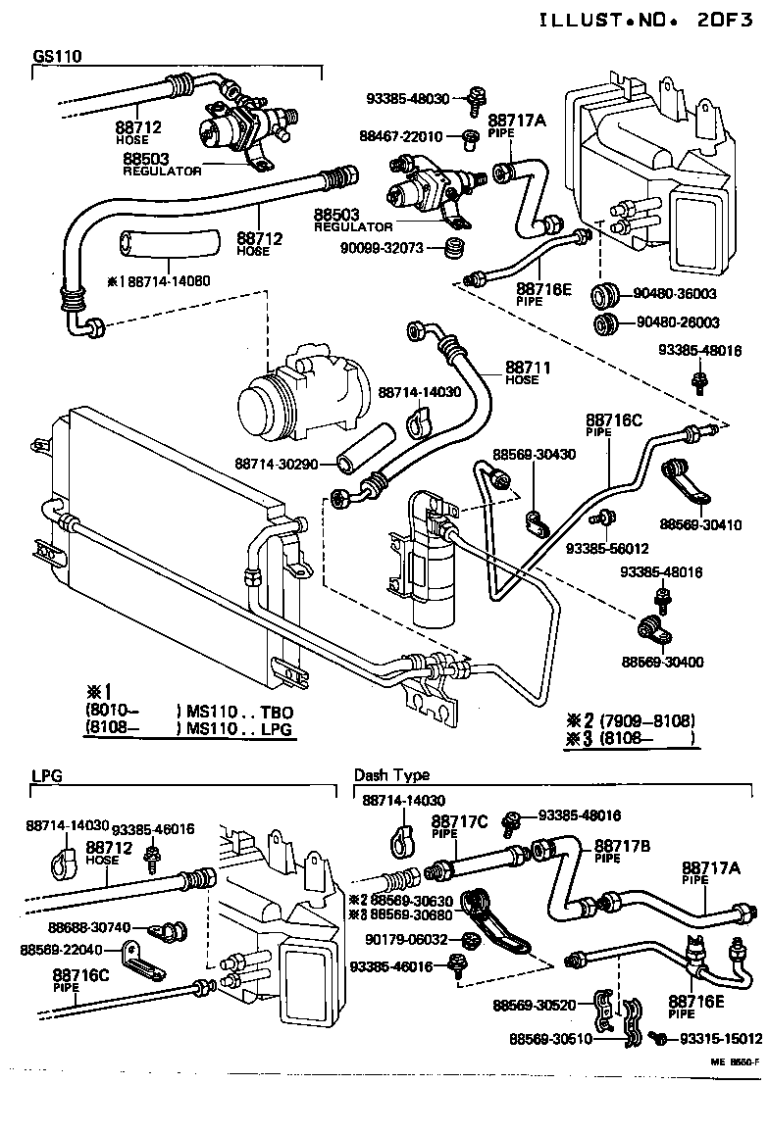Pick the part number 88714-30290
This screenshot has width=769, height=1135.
(277, 463)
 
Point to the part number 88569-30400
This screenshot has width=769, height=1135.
(662, 662)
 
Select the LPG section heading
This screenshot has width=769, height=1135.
(46, 774)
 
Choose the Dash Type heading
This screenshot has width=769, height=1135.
(391, 774)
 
